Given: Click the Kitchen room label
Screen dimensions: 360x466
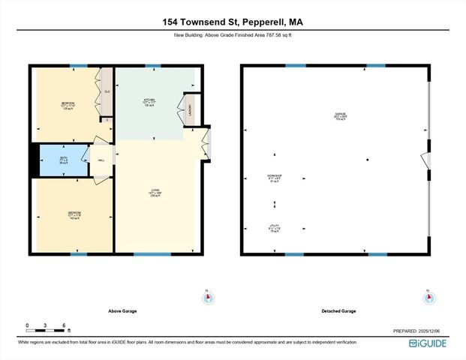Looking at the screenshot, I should point(149,101).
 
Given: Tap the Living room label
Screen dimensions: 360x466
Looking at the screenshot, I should point(155,193).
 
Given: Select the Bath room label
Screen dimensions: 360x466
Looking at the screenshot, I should point(65,158).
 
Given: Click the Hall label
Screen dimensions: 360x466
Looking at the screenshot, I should point(101,159).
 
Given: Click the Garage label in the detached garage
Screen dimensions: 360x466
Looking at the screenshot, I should point(341,115).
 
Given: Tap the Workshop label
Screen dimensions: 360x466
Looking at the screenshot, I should point(274,178).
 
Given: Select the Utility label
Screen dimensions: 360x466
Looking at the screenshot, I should point(274,227).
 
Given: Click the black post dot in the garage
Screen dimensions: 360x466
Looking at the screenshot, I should point(367,160).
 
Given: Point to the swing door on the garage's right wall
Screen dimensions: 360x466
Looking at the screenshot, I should point(426,160).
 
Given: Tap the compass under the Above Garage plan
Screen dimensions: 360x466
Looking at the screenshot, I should point(207,297).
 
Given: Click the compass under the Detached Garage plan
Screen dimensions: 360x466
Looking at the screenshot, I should point(428,297).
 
